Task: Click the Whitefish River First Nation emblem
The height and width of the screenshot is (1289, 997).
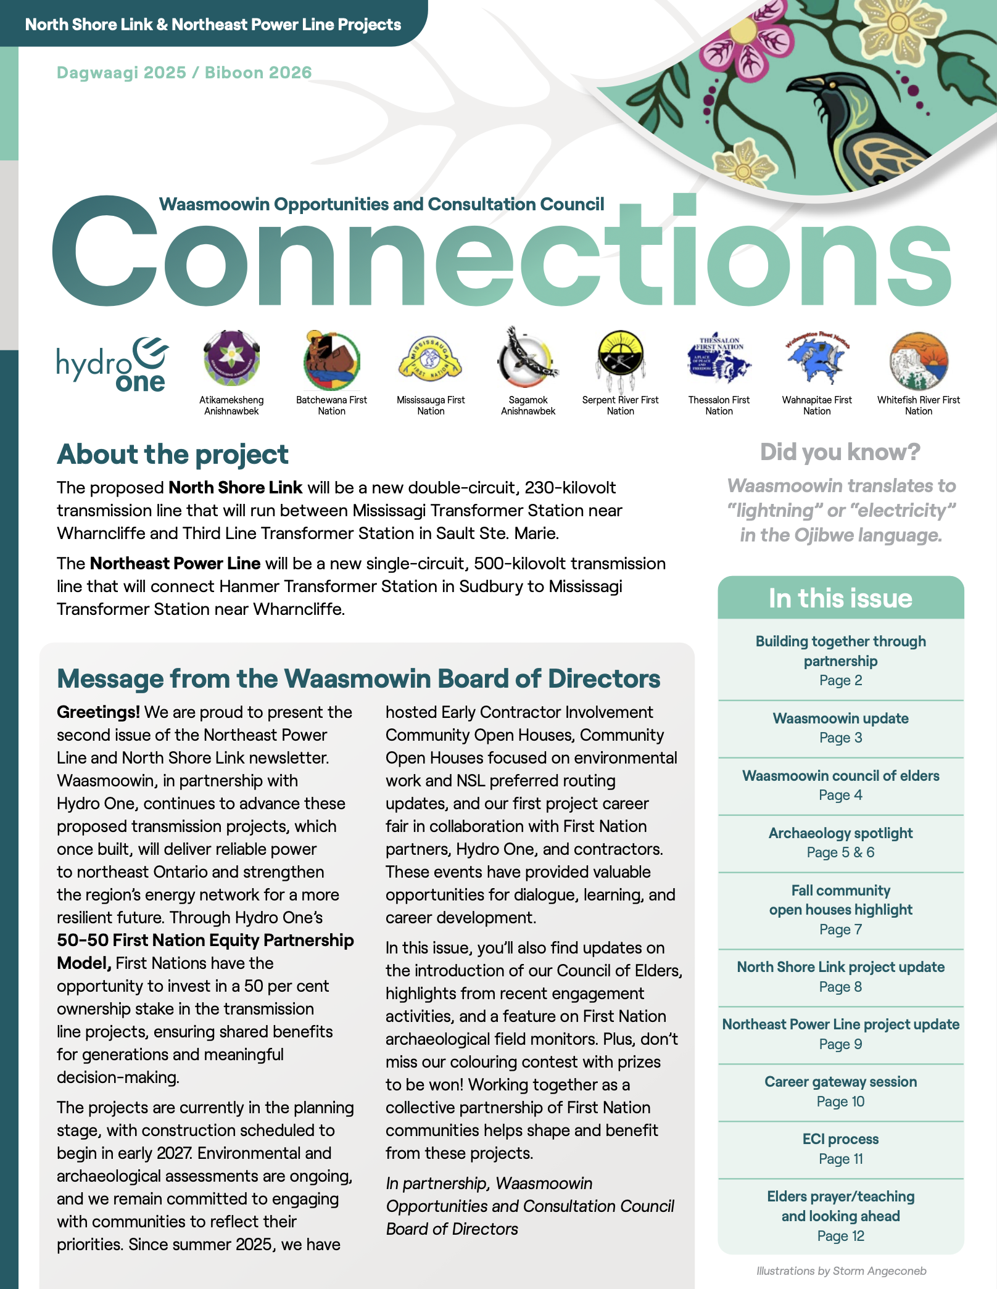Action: click(919, 360)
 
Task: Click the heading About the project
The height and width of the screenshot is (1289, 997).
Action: click(173, 455)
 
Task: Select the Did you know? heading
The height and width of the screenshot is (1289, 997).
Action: click(840, 452)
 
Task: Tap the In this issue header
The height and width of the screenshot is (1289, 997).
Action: click(840, 598)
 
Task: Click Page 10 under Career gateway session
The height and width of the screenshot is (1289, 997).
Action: click(840, 1102)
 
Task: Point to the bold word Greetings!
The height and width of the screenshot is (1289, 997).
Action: click(98, 712)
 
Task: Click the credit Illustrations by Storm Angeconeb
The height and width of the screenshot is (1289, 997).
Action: click(841, 1271)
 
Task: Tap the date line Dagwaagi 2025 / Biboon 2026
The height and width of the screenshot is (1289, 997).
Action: click(184, 73)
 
